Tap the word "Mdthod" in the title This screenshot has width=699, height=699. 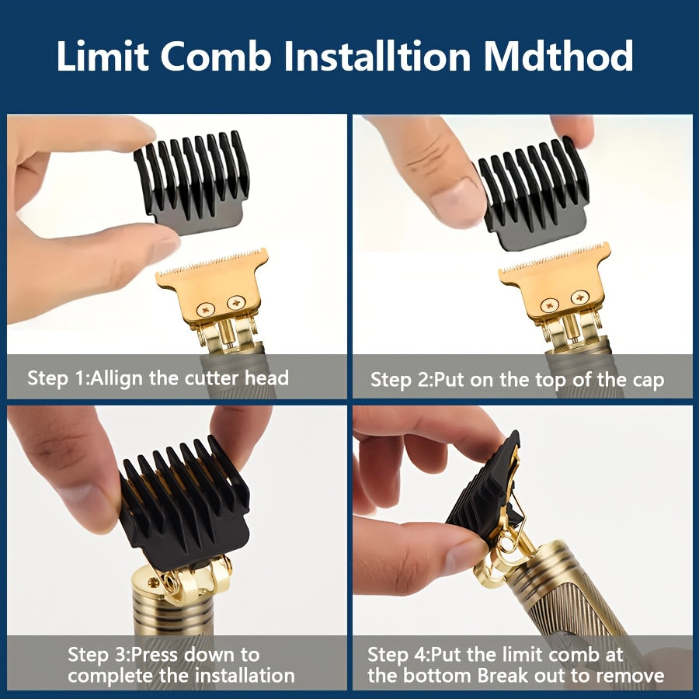click(x=558, y=56)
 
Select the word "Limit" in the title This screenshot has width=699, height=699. click(x=103, y=56)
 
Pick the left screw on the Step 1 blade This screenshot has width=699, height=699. click(x=206, y=308)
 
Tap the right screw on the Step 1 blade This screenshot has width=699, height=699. click(x=236, y=303)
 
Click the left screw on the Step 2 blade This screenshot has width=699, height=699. click(x=549, y=305)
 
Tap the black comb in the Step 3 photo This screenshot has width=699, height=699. click(x=184, y=502)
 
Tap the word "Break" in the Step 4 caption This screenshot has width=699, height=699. click(x=502, y=676)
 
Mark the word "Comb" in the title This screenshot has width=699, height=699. click(x=216, y=56)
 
